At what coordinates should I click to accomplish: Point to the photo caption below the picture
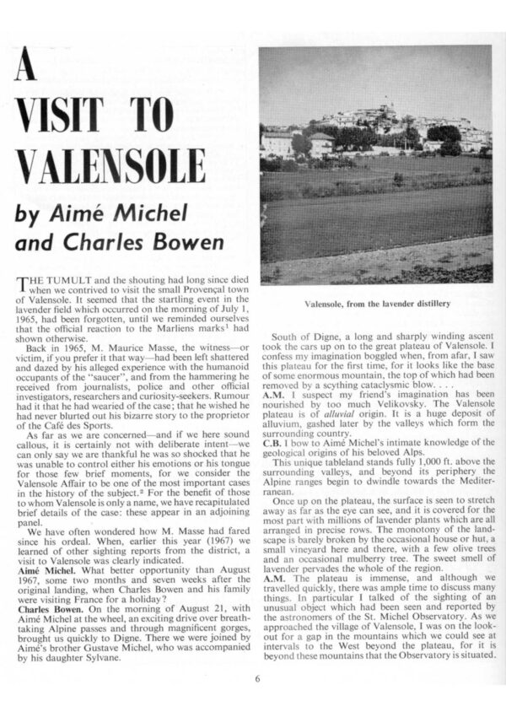(375, 305)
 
